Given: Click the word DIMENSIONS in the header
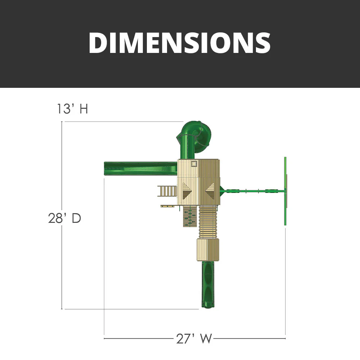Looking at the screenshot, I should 180,43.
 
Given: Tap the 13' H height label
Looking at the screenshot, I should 72,108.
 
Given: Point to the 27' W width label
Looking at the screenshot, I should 194,338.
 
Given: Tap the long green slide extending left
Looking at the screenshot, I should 140,168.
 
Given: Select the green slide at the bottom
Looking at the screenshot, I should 208,284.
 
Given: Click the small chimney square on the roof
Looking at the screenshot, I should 194,164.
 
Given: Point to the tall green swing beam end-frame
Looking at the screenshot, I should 285,191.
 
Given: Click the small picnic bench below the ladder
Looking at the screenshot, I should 167,206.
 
